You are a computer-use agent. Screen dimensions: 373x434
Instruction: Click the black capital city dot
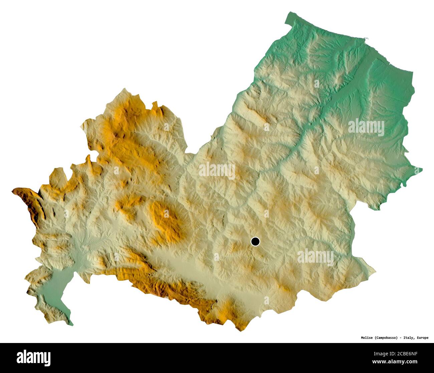tap(255, 241)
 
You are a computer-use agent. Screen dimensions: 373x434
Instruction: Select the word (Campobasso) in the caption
tap(386, 338)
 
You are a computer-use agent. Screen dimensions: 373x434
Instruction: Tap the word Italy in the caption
tap(408, 338)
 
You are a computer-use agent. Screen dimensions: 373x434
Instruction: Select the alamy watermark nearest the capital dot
tap(315, 257)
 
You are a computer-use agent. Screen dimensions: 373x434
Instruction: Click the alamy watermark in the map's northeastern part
tap(366, 127)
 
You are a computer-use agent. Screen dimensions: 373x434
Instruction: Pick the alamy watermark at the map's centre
tap(217, 171)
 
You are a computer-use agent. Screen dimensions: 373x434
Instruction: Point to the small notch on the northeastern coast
tap(367, 39)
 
